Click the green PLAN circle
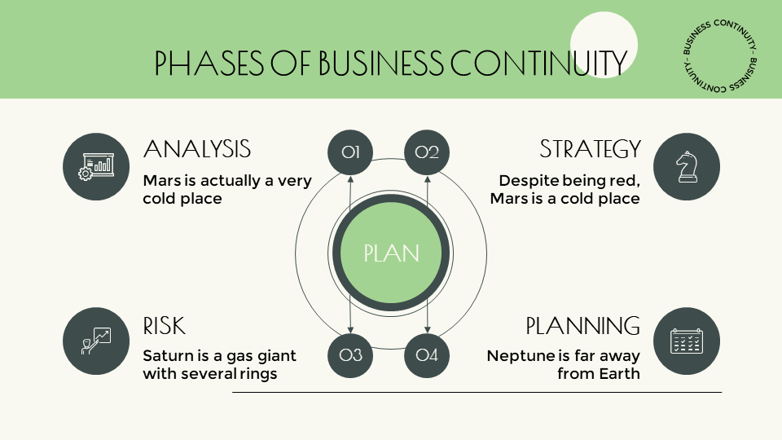tap(391, 253)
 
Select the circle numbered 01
tap(350, 152)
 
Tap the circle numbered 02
tap(427, 152)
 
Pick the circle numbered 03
tap(350, 354)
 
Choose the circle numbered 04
tap(427, 354)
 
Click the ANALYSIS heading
tap(196, 149)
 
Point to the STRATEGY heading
tap(590, 149)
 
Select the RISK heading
tap(164, 327)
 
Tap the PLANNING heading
tap(582, 327)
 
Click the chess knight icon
tap(687, 166)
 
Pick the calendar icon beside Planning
tap(687, 341)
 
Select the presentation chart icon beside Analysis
tap(96, 166)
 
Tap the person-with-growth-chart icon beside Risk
tap(96, 341)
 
